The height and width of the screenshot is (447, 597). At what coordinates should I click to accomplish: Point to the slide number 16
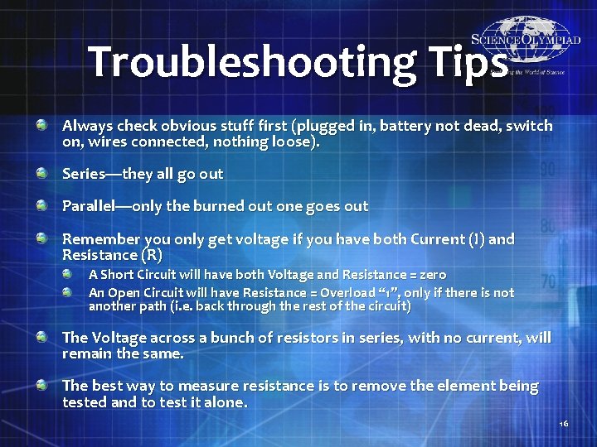563,425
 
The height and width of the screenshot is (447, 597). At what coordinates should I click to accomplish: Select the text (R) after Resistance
151,255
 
